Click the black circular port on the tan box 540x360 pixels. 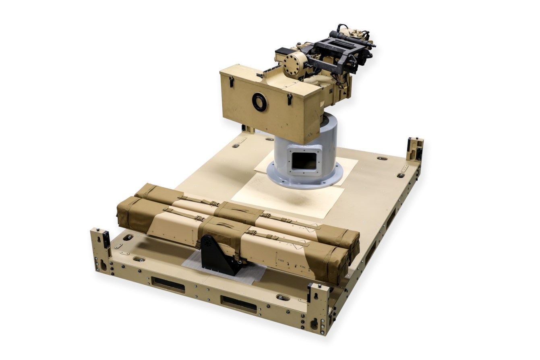(x=259, y=102)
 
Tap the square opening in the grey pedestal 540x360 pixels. (x=304, y=161)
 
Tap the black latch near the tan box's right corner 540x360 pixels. (x=289, y=99)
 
